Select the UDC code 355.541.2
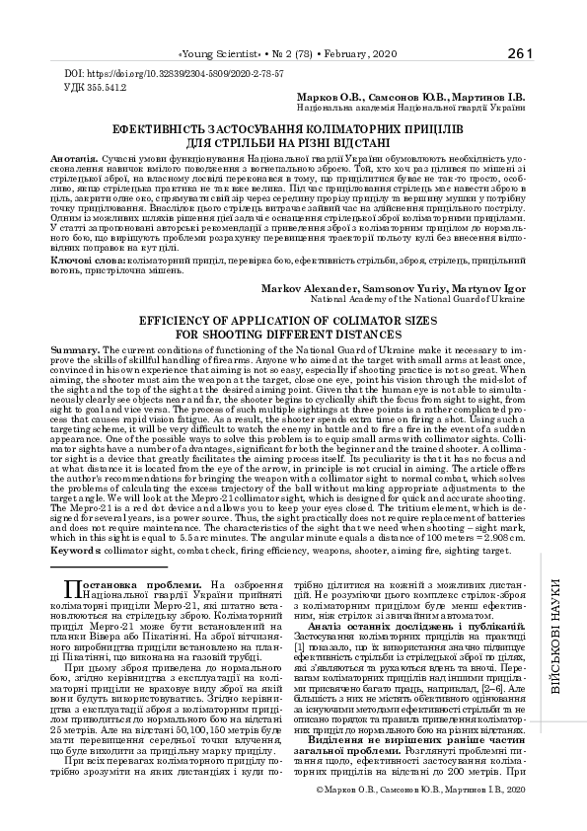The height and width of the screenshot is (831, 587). pos(100,87)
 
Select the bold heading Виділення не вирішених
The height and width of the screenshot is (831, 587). pos(414,767)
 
